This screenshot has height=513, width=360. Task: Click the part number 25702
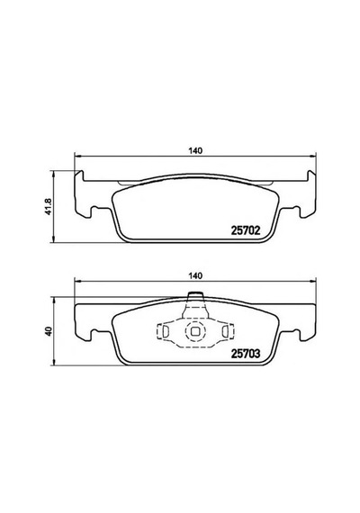pyautogui.click(x=246, y=230)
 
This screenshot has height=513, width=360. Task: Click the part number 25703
pyautogui.click(x=246, y=354)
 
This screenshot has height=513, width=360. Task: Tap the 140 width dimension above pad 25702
pyautogui.click(x=195, y=150)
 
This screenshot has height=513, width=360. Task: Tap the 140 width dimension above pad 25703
pyautogui.click(x=195, y=275)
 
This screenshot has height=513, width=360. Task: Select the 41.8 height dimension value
pyautogui.click(x=49, y=207)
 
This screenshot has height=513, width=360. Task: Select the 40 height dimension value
pyautogui.click(x=49, y=331)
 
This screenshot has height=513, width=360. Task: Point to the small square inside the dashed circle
pyautogui.click(x=195, y=331)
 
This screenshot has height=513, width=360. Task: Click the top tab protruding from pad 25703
pyautogui.click(x=195, y=297)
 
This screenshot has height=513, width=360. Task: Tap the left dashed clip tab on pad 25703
pyautogui.click(x=163, y=331)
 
